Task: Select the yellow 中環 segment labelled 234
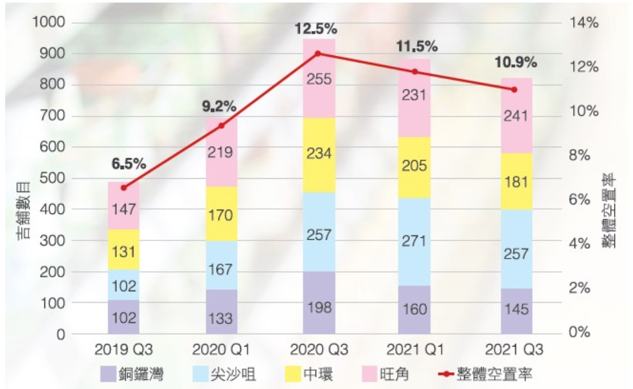[319, 155]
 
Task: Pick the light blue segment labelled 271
[415, 242]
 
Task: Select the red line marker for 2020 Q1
[222, 126]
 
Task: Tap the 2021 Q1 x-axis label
[415, 350]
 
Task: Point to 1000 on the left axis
[48, 23]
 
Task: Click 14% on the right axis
[582, 23]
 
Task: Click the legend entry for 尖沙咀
[222, 374]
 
